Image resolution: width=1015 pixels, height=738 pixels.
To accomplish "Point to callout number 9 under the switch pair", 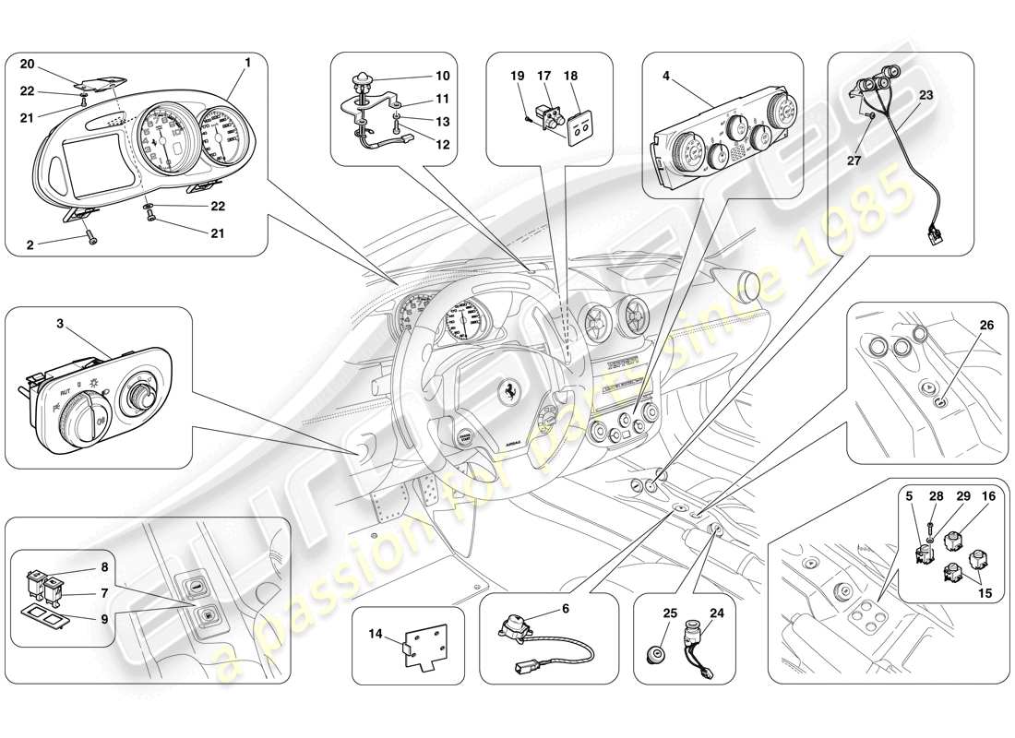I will click(104, 617).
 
